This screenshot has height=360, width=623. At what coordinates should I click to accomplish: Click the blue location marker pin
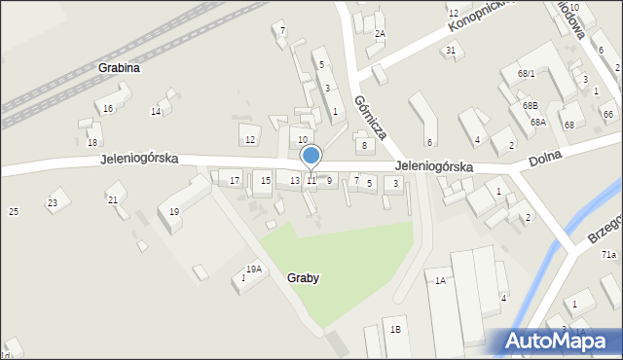pos(311,156)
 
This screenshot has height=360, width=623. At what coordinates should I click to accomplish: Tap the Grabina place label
pos(119,68)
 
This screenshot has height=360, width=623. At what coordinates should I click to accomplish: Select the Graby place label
pos(304,277)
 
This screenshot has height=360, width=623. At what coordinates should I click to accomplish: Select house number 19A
pos(253,270)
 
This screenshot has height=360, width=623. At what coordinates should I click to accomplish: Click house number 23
pos(53,202)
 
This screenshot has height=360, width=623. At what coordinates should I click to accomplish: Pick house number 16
pos(108,108)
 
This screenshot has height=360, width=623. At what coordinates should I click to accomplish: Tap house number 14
pos(156,111)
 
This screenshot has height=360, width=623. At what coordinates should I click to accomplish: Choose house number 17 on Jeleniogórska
pos(235,180)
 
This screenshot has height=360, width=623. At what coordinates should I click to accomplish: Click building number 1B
pos(395,329)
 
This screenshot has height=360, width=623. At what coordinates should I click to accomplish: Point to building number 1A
pos(440,280)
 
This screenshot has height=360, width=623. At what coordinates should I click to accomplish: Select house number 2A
pos(380,33)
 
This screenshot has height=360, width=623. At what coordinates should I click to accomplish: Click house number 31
pos(451,50)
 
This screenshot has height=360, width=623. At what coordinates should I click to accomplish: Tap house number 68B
pos(530,104)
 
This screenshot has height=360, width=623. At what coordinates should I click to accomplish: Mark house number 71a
pos(608,254)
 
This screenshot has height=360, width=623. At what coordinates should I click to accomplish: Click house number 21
pos(113,199)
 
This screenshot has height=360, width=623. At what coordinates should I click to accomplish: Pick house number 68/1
pos(527,73)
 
